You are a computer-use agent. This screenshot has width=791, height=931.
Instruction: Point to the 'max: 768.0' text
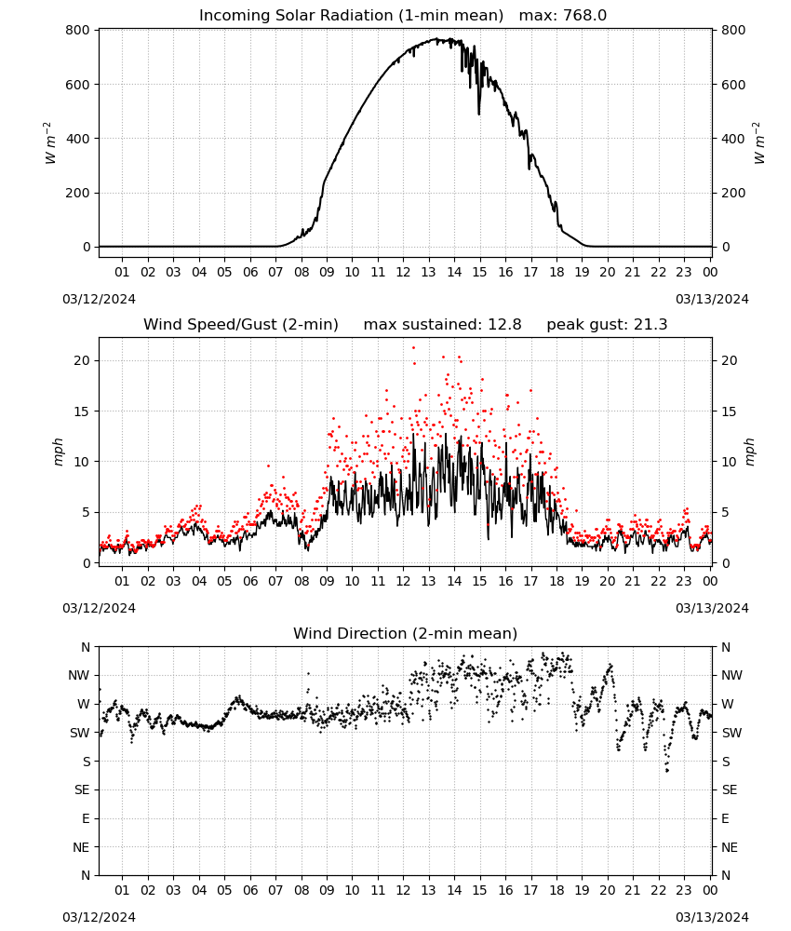pos(563,16)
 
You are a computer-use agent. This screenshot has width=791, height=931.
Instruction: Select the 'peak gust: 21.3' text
pos(607,325)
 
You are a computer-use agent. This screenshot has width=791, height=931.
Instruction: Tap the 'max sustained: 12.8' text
pos(442,325)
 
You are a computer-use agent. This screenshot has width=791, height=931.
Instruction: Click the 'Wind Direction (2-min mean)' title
pos(406,633)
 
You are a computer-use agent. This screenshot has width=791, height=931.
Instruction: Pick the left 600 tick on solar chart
pos(78,85)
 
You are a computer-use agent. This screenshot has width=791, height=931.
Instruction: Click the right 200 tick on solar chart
pos(733,193)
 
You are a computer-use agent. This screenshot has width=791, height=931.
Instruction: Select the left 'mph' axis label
pos(58,452)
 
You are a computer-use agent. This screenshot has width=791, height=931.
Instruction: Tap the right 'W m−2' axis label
pos(759,143)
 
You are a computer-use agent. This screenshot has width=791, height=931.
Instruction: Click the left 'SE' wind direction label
pos(82,789)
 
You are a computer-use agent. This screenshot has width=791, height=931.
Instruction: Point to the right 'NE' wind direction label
pos(730,847)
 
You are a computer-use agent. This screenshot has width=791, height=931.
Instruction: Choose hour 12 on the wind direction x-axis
pos(403,890)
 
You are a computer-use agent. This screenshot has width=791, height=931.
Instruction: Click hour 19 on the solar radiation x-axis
pos(582,272)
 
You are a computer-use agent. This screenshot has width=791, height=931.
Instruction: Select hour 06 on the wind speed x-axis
pos(249,581)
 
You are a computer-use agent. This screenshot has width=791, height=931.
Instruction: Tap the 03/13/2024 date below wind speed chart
pos(712,608)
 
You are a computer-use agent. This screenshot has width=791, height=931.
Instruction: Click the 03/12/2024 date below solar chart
pos(99,299)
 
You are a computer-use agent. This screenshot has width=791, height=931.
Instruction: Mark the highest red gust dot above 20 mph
pos(413,348)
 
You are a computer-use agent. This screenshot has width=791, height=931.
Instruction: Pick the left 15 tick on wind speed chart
pos(83,412)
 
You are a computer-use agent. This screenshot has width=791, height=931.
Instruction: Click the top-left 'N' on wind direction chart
pos(86,647)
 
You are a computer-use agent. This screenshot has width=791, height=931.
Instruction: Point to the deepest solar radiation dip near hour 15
pos(479,114)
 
